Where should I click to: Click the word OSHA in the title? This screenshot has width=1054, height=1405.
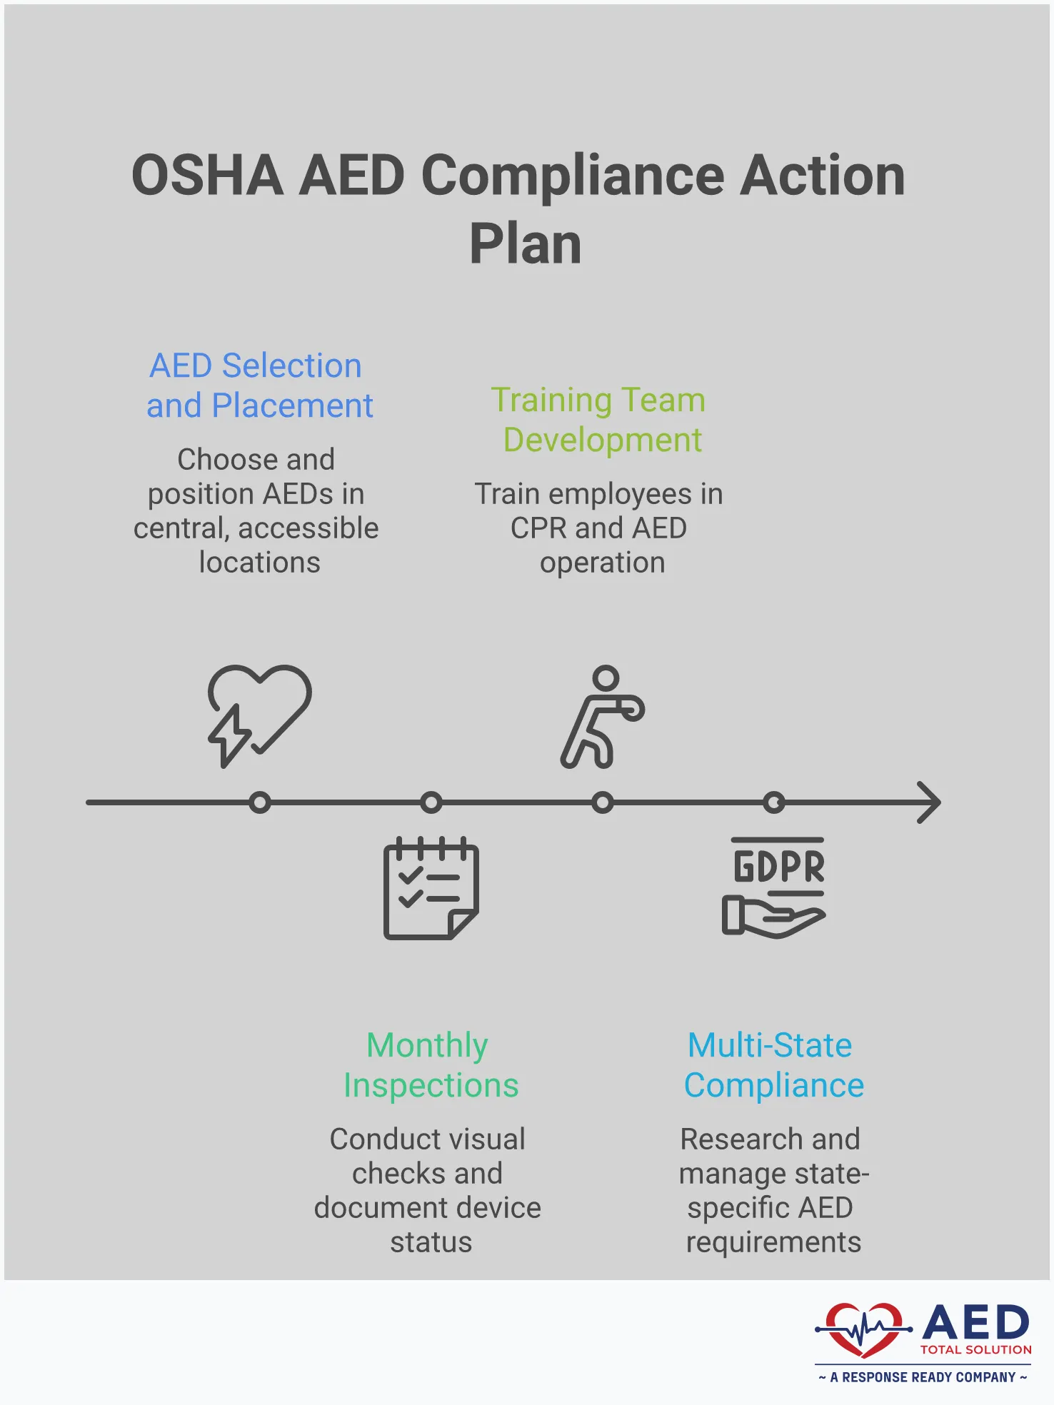[x=207, y=176]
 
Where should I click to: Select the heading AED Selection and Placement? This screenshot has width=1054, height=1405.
[x=259, y=386]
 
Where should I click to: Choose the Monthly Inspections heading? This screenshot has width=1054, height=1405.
[x=431, y=1065]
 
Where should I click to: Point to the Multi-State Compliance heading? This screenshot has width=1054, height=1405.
[x=773, y=1065]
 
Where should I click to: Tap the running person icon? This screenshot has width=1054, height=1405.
[x=602, y=717]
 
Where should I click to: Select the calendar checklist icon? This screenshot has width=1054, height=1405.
[x=431, y=888]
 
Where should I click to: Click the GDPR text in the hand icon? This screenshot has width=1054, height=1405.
[x=778, y=867]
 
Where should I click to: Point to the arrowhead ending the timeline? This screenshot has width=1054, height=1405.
[x=930, y=802]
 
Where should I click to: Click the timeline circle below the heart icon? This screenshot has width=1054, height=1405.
[x=260, y=802]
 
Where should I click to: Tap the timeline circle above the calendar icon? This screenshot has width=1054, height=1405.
[x=431, y=802]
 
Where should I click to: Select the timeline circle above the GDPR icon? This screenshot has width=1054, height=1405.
[x=774, y=802]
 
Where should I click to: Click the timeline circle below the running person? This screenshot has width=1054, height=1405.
[x=603, y=802]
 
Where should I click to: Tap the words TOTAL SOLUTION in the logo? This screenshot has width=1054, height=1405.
[x=975, y=1350]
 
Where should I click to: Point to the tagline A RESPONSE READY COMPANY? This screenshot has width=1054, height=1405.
[x=923, y=1377]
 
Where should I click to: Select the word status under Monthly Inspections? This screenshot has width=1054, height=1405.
[x=431, y=1242]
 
